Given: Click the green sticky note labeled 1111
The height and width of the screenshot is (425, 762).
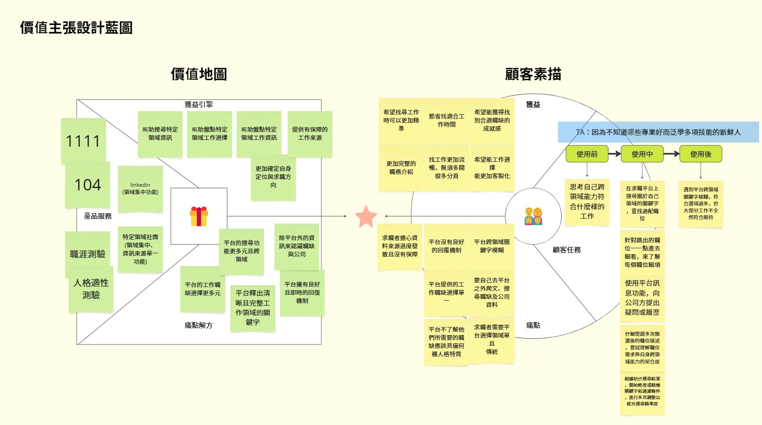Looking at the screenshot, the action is [83, 141].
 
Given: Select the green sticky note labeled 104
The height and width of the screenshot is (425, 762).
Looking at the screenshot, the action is [88, 185].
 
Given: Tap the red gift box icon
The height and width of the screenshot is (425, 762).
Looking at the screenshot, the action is [199, 216].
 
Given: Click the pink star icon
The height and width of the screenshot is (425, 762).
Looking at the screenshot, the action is [366, 216].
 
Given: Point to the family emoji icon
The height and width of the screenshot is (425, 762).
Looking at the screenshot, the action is [533, 216].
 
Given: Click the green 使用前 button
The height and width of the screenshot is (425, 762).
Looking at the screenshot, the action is [587, 154].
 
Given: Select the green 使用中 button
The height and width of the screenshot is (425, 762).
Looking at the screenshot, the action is [642, 154].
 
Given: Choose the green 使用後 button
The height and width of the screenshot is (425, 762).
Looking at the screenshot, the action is [701, 154].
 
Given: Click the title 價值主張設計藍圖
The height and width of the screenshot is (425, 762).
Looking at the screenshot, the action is [76, 28].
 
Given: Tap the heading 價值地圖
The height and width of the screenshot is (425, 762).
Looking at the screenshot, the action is [199, 74].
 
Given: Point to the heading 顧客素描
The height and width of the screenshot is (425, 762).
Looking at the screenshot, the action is [533, 74].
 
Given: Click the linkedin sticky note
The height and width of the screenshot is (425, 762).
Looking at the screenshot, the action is [140, 189].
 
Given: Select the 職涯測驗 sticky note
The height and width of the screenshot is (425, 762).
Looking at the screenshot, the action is [88, 254].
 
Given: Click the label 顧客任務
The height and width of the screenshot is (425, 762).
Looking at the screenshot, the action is [567, 250].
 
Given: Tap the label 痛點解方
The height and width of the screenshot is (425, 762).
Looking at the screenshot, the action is [198, 325].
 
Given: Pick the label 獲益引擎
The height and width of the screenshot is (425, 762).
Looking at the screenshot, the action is [198, 104].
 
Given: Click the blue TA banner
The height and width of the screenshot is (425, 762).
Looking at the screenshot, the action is [658, 132].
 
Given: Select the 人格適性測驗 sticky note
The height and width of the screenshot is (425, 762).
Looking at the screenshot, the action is [91, 289].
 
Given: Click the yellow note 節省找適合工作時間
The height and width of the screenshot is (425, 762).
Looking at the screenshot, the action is [447, 120].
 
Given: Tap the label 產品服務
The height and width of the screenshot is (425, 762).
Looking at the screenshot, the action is [98, 216].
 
